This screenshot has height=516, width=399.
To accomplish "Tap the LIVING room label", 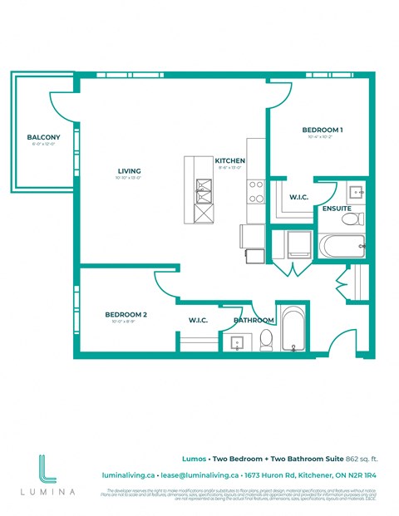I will coord(129,172).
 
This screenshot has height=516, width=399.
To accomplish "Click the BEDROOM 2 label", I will coord(126,314).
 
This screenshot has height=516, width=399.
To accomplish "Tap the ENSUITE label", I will coord(337,208).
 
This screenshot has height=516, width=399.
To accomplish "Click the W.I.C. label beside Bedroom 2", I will coord(198,319).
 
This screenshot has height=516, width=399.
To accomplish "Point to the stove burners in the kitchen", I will coord(255,192).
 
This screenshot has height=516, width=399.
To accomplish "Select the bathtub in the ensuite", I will coord(342,246).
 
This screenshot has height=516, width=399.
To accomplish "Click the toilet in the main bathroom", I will coord(266,339).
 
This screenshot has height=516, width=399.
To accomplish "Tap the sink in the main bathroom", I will coord(236,342).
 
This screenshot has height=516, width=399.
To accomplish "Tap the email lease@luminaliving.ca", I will coord(199,475).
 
